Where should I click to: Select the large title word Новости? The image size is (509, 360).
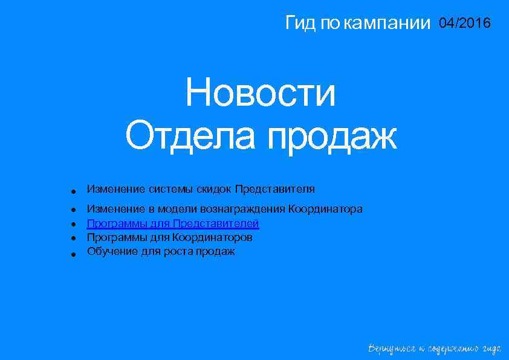[261, 94]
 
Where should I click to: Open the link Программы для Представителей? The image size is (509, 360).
[173, 223]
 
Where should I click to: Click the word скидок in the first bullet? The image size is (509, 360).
[213, 189]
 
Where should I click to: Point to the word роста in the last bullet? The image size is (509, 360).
[178, 251]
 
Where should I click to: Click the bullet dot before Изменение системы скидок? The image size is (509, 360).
[72, 191]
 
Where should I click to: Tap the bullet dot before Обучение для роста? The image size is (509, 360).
[72, 254]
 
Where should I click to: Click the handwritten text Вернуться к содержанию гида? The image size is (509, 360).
[435, 349]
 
